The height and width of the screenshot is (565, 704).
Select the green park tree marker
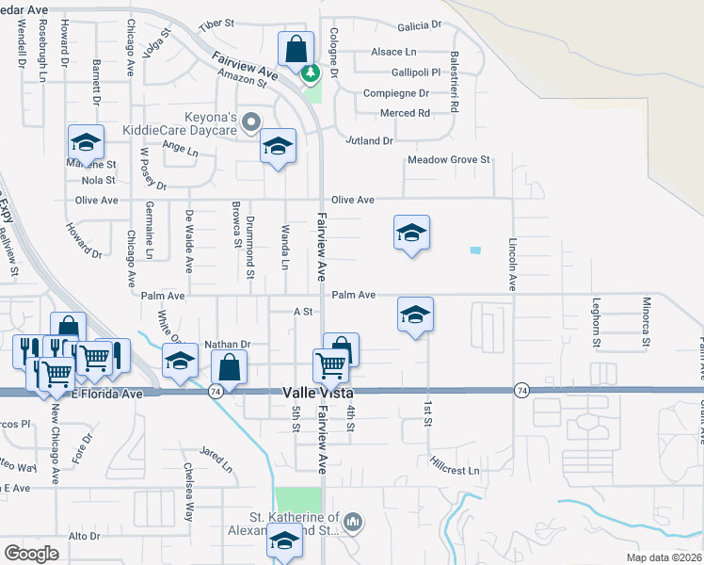pyautogui.click(x=310, y=71)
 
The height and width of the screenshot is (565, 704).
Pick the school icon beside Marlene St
pyautogui.click(x=87, y=142)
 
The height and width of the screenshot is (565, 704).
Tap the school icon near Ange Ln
pyautogui.click(x=278, y=146)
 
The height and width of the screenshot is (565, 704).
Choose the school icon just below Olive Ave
pyautogui.click(x=411, y=232)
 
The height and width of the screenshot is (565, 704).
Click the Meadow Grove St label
pyautogui.click(x=449, y=160)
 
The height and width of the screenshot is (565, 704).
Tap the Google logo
pyautogui.click(x=31, y=554)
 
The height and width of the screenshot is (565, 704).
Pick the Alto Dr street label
pyautogui.click(x=85, y=536)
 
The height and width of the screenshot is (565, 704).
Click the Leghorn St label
pyautogui.click(x=596, y=322)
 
